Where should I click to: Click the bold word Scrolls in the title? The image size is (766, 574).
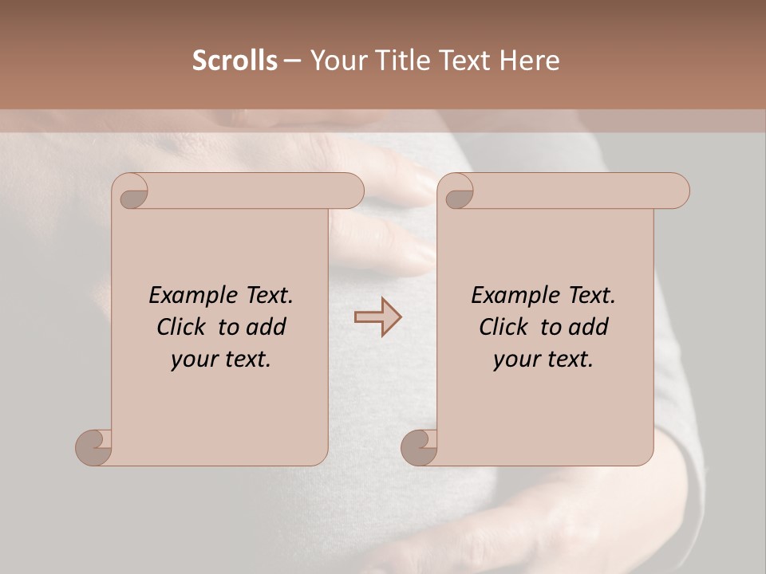coord(235,61)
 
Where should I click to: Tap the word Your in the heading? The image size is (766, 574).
coord(338,61)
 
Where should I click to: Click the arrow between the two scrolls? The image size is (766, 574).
coord(378,317)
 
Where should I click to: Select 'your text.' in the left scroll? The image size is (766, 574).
coord(221,360)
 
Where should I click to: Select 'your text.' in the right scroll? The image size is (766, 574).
coord(543,360)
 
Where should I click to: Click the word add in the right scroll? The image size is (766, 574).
coord(590,327)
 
